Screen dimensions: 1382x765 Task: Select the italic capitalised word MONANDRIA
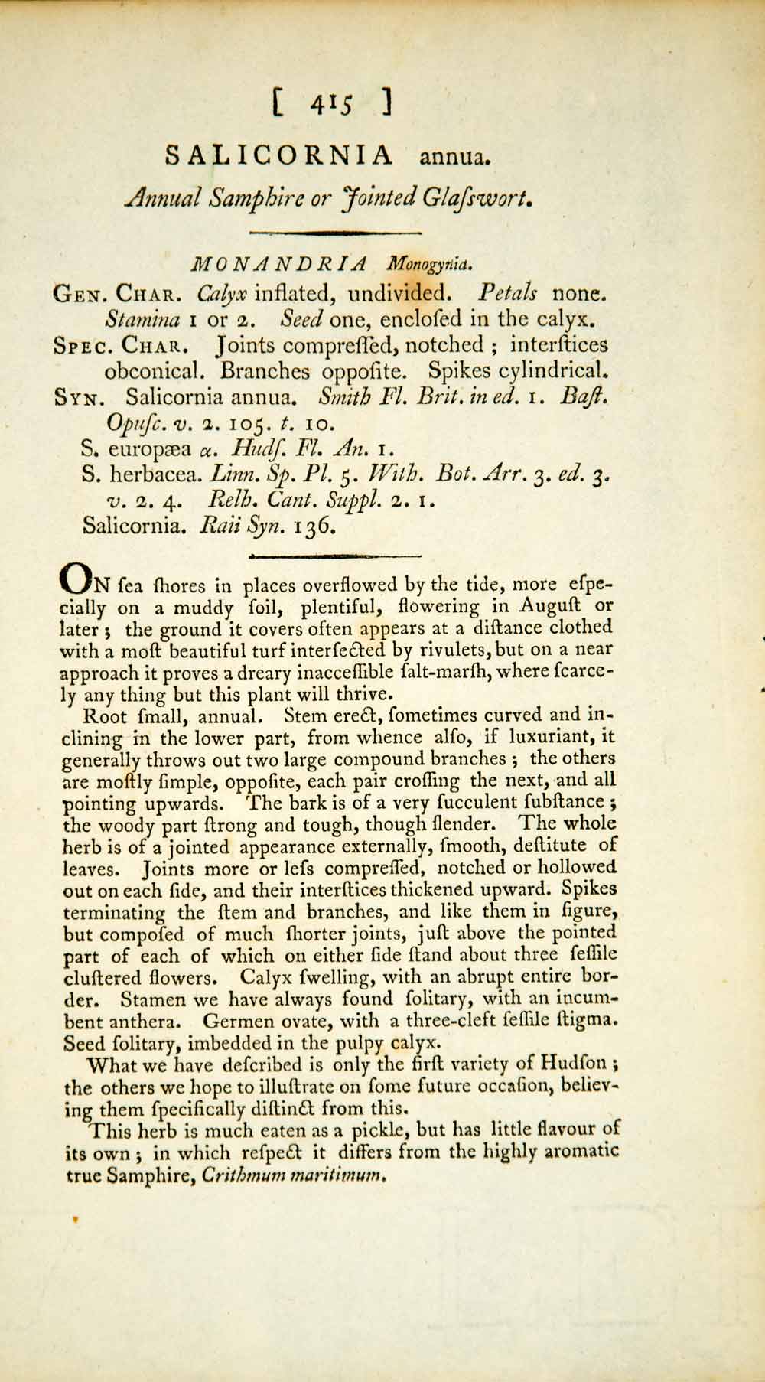[279, 265]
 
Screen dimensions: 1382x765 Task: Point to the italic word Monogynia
[430, 266]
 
